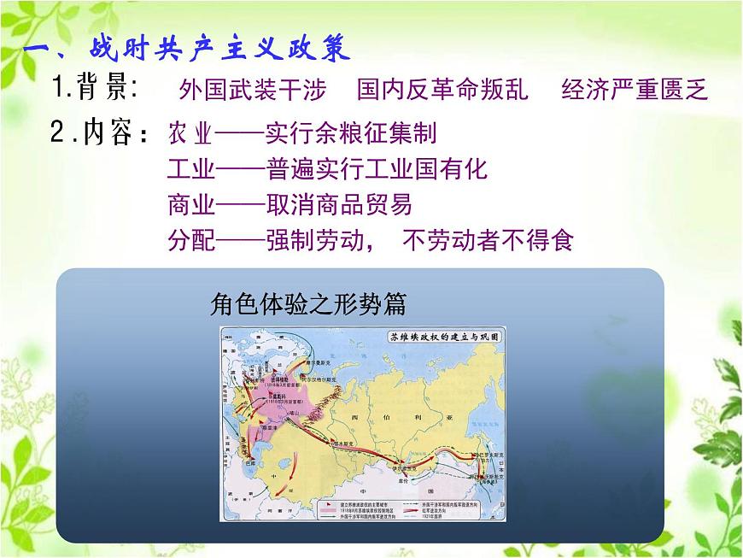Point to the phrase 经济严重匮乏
pos(635,91)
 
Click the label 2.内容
pos(100,133)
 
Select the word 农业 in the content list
pos(189,134)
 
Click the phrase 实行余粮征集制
pos(350,134)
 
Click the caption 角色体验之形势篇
pos(308,305)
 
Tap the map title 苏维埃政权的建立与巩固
pos(444,338)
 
